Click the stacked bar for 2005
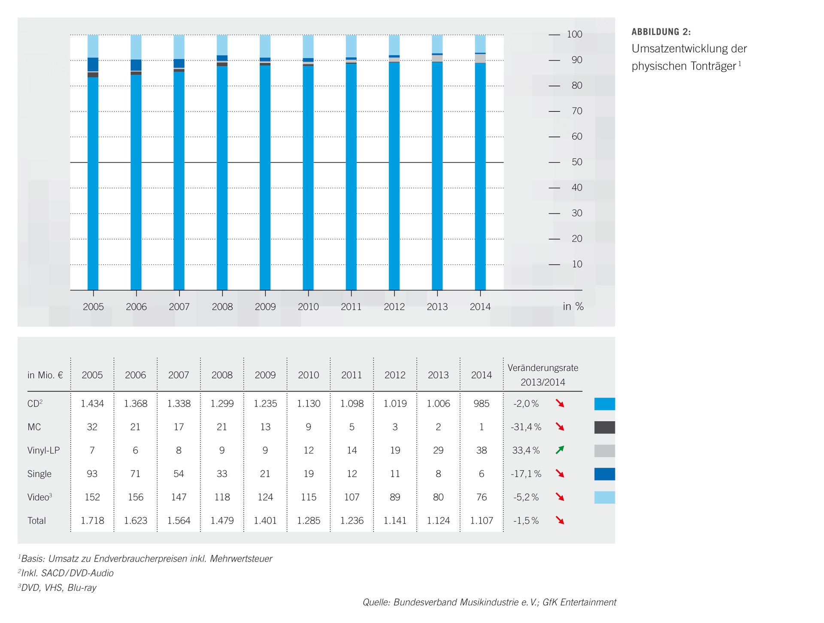pos(93,163)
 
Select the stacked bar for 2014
pos(480,163)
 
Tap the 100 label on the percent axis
pos(574,34)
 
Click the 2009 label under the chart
pos(265,307)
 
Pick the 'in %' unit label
pos(573,306)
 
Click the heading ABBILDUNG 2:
pos(661,32)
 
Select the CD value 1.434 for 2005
pos(92,404)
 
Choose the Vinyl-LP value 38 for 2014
pos(482,451)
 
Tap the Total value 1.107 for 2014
pos(482,521)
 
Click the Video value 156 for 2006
pos(136,497)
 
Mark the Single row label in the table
pos(39,474)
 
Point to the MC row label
pos(34,427)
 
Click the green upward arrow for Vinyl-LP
pos(560,450)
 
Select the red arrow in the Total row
pos(560,520)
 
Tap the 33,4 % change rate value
pos(526,451)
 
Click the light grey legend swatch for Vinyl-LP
pos(604,451)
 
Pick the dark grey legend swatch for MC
pos(604,427)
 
